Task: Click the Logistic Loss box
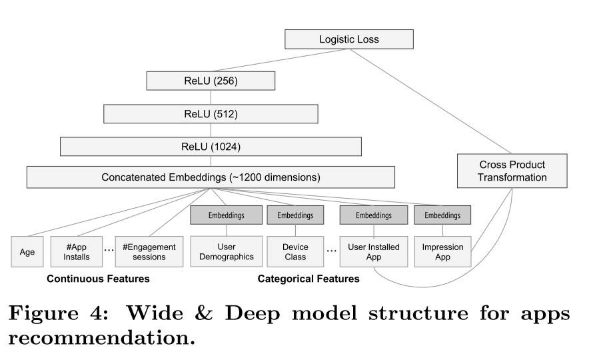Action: tap(348, 39)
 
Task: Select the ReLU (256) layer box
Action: tap(211, 82)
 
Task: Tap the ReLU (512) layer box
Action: tap(211, 114)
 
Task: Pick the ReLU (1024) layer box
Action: tap(211, 147)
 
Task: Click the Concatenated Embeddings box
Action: tap(211, 177)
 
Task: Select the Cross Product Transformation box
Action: tap(512, 171)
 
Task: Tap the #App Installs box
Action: tap(77, 251)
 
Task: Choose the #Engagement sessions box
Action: tap(149, 251)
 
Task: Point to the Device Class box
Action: tap(295, 251)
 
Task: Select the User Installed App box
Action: tap(373, 251)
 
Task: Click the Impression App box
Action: tap(442, 251)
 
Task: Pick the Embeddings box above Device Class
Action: tap(295, 215)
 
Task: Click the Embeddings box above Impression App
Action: tap(442, 215)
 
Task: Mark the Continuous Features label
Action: tap(98, 279)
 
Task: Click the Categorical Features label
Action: tap(308, 279)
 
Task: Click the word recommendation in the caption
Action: tap(101, 337)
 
